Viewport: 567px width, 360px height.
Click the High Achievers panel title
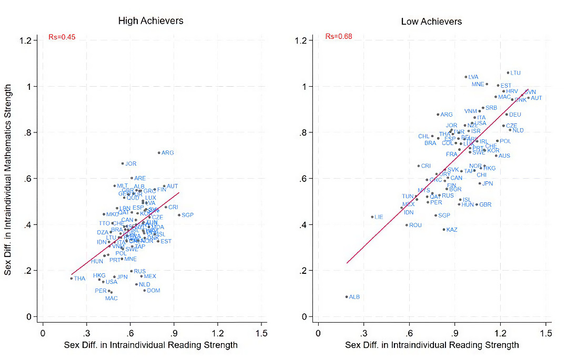[150, 21]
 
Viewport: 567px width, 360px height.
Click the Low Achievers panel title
[431, 22]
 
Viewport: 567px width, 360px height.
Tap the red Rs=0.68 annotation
[339, 37]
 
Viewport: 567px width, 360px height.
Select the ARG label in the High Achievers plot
[168, 153]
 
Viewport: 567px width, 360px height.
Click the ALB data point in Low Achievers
[347, 296]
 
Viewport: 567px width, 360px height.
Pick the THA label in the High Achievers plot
[79, 279]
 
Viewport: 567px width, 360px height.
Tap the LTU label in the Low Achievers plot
[515, 73]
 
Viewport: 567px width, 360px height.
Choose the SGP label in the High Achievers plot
[188, 215]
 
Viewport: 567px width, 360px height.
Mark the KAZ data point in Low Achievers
[444, 229]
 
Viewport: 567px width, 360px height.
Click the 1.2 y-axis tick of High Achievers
[29, 40]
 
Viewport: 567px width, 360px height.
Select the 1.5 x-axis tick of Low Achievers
[546, 333]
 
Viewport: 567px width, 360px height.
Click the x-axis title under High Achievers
[151, 345]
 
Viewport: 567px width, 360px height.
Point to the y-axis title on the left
[8, 179]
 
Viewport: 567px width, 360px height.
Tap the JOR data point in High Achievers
[123, 163]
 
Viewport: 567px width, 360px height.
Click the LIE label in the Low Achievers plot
[379, 217]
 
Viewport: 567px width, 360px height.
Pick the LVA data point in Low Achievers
[466, 77]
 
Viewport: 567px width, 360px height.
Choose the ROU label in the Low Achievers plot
[416, 225]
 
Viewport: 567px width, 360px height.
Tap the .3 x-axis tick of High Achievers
[87, 333]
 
